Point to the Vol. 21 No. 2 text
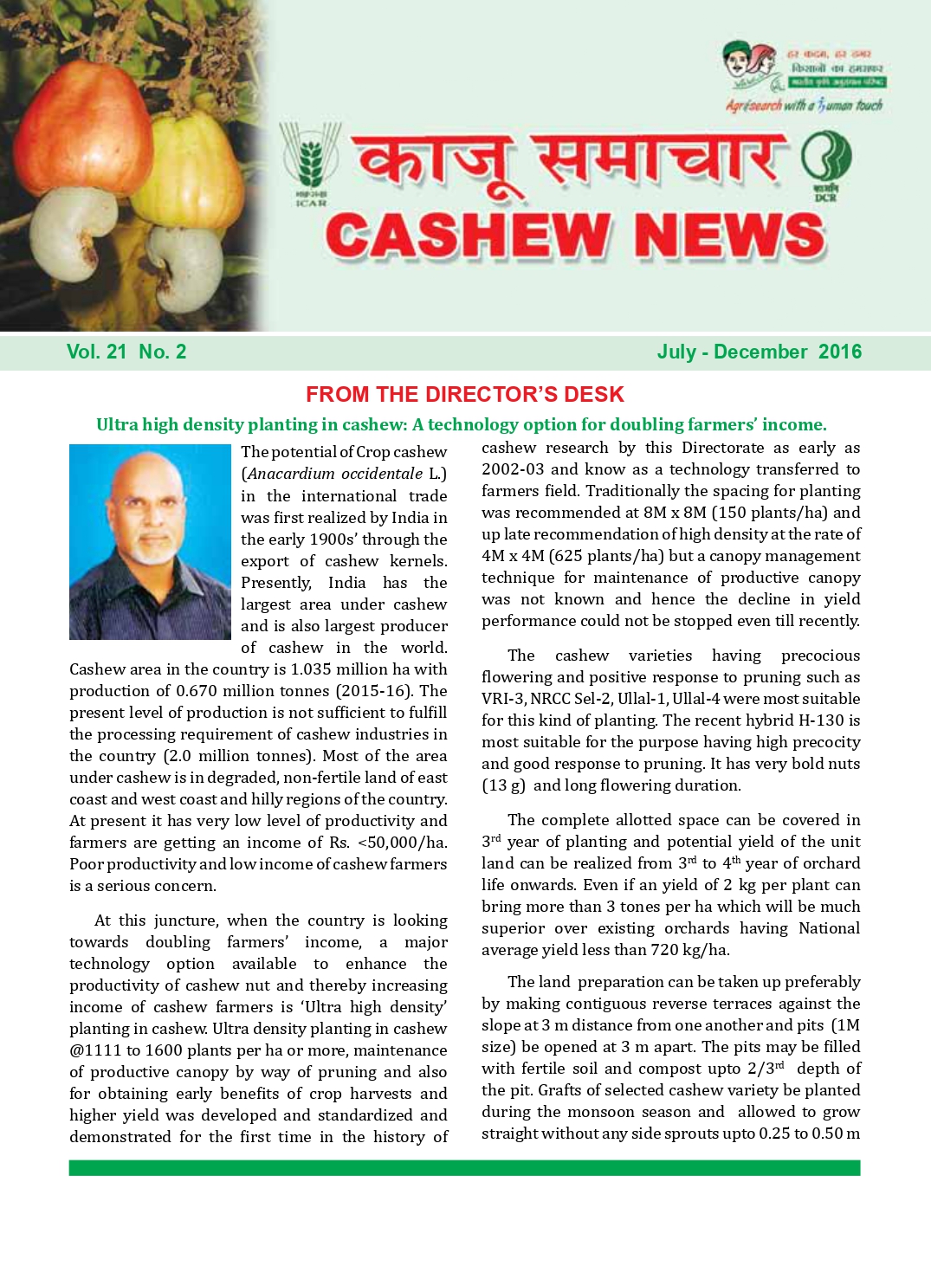tap(126, 352)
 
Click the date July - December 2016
tap(759, 352)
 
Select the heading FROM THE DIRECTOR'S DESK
tap(464, 395)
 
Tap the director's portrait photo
tap(150, 542)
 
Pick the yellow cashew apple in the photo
tap(195, 165)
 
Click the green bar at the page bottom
tap(464, 1168)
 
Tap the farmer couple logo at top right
tap(749, 65)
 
